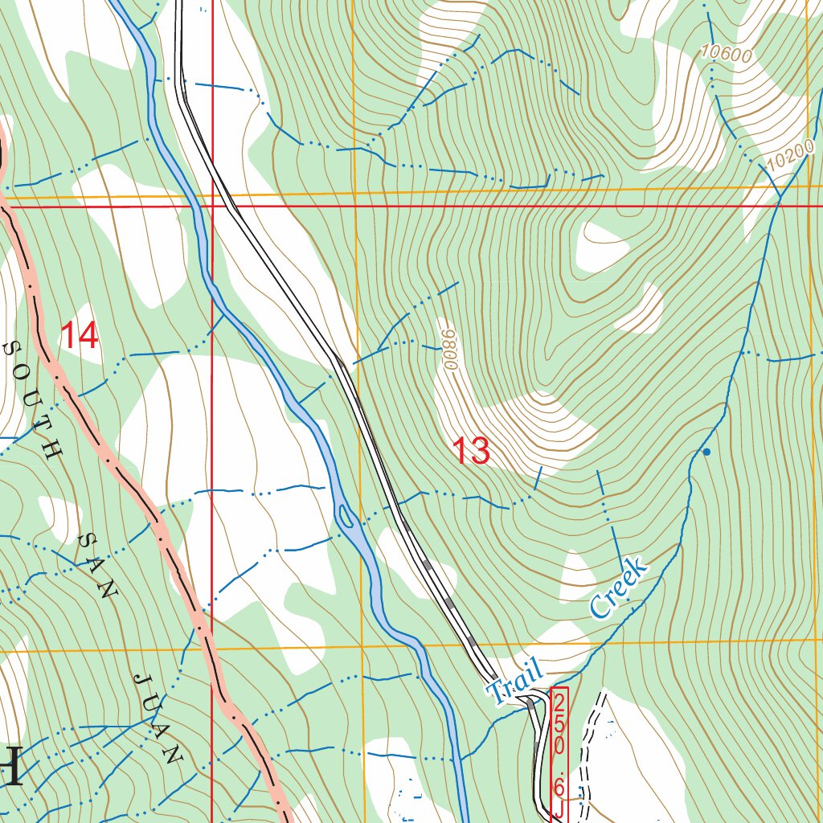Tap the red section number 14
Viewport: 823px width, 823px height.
pyautogui.click(x=80, y=335)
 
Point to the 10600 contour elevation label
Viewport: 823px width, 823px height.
pyautogui.click(x=725, y=53)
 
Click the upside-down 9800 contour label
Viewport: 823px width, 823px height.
pyautogui.click(x=448, y=344)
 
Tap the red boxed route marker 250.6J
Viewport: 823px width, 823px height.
pyautogui.click(x=559, y=753)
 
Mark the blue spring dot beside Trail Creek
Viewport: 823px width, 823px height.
pyautogui.click(x=706, y=452)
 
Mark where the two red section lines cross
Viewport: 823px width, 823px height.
pyautogui.click(x=212, y=207)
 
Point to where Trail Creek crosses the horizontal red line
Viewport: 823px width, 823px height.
pyautogui.click(x=778, y=207)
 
